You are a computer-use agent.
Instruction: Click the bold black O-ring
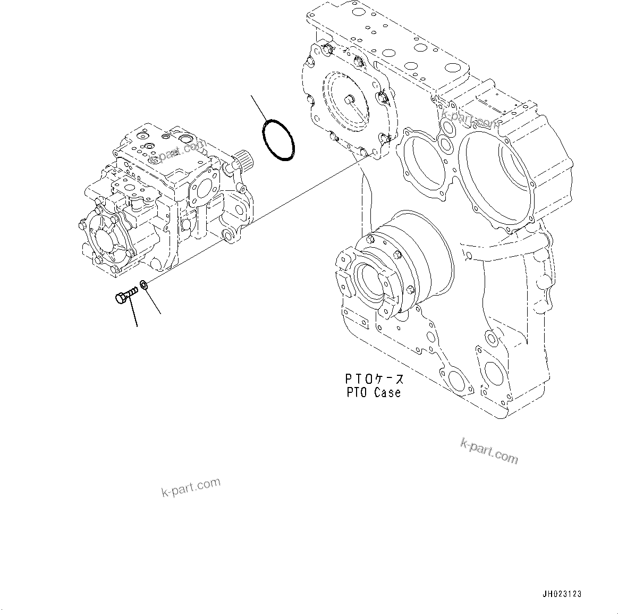[278, 140]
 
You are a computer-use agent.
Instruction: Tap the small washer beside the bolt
[144, 285]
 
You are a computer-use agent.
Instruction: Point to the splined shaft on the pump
[242, 159]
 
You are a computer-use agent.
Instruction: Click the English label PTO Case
[372, 393]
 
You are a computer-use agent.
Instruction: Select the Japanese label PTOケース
[374, 379]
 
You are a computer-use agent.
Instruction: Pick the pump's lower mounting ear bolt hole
[226, 235]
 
